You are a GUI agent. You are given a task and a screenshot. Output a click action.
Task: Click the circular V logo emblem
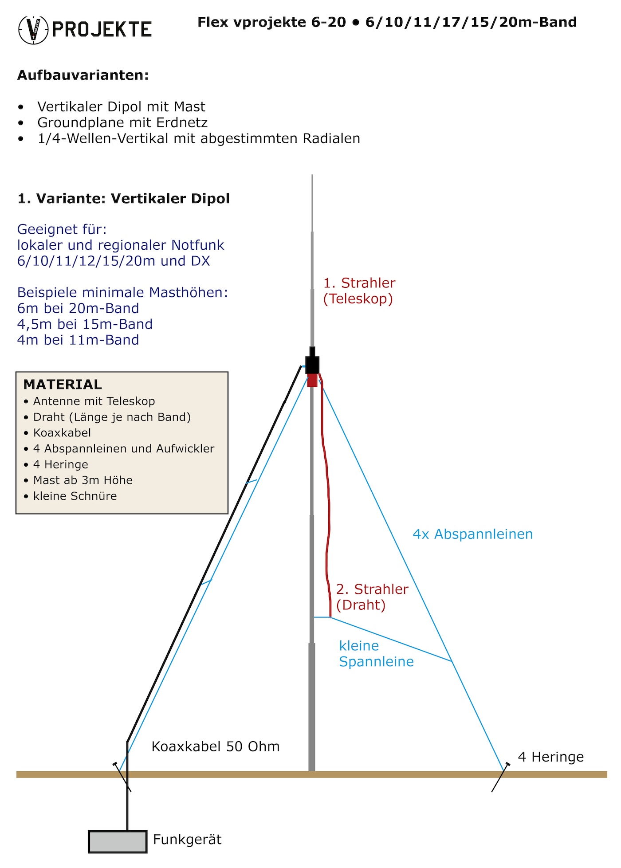coord(33,30)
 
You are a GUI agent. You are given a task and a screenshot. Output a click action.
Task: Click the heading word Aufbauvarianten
coord(83,75)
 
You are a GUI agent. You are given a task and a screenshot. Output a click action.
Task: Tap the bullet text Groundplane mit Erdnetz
coord(122,122)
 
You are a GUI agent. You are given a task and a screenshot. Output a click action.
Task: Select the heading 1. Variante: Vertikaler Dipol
coord(124,198)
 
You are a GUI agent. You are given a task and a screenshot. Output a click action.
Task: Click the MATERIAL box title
coord(63,384)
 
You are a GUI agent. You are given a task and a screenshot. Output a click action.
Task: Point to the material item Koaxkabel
coord(62,432)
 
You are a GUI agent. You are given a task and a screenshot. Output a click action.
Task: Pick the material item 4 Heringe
coord(61,464)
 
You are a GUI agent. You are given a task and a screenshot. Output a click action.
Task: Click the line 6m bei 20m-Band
coord(78,308)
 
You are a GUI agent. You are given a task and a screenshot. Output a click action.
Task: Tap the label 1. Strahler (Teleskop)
coord(359,291)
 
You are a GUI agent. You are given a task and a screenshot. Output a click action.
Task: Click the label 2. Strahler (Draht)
coord(372,597)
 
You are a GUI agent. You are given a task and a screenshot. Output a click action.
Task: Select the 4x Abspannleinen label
coord(473,534)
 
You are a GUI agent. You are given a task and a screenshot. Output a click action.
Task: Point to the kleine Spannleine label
coord(376,653)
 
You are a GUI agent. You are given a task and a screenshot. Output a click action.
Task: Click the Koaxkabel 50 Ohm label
coord(216,746)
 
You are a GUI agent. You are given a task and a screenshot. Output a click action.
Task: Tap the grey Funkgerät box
coord(118,841)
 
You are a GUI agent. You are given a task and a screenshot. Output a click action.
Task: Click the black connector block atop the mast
coord(312,364)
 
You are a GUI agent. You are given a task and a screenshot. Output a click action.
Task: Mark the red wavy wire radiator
coord(328,510)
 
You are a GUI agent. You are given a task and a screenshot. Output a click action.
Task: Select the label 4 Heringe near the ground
coord(551,757)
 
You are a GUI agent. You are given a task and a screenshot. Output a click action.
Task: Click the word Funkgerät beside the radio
coord(187,840)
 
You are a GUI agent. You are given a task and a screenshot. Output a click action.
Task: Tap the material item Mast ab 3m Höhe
coord(83,480)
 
